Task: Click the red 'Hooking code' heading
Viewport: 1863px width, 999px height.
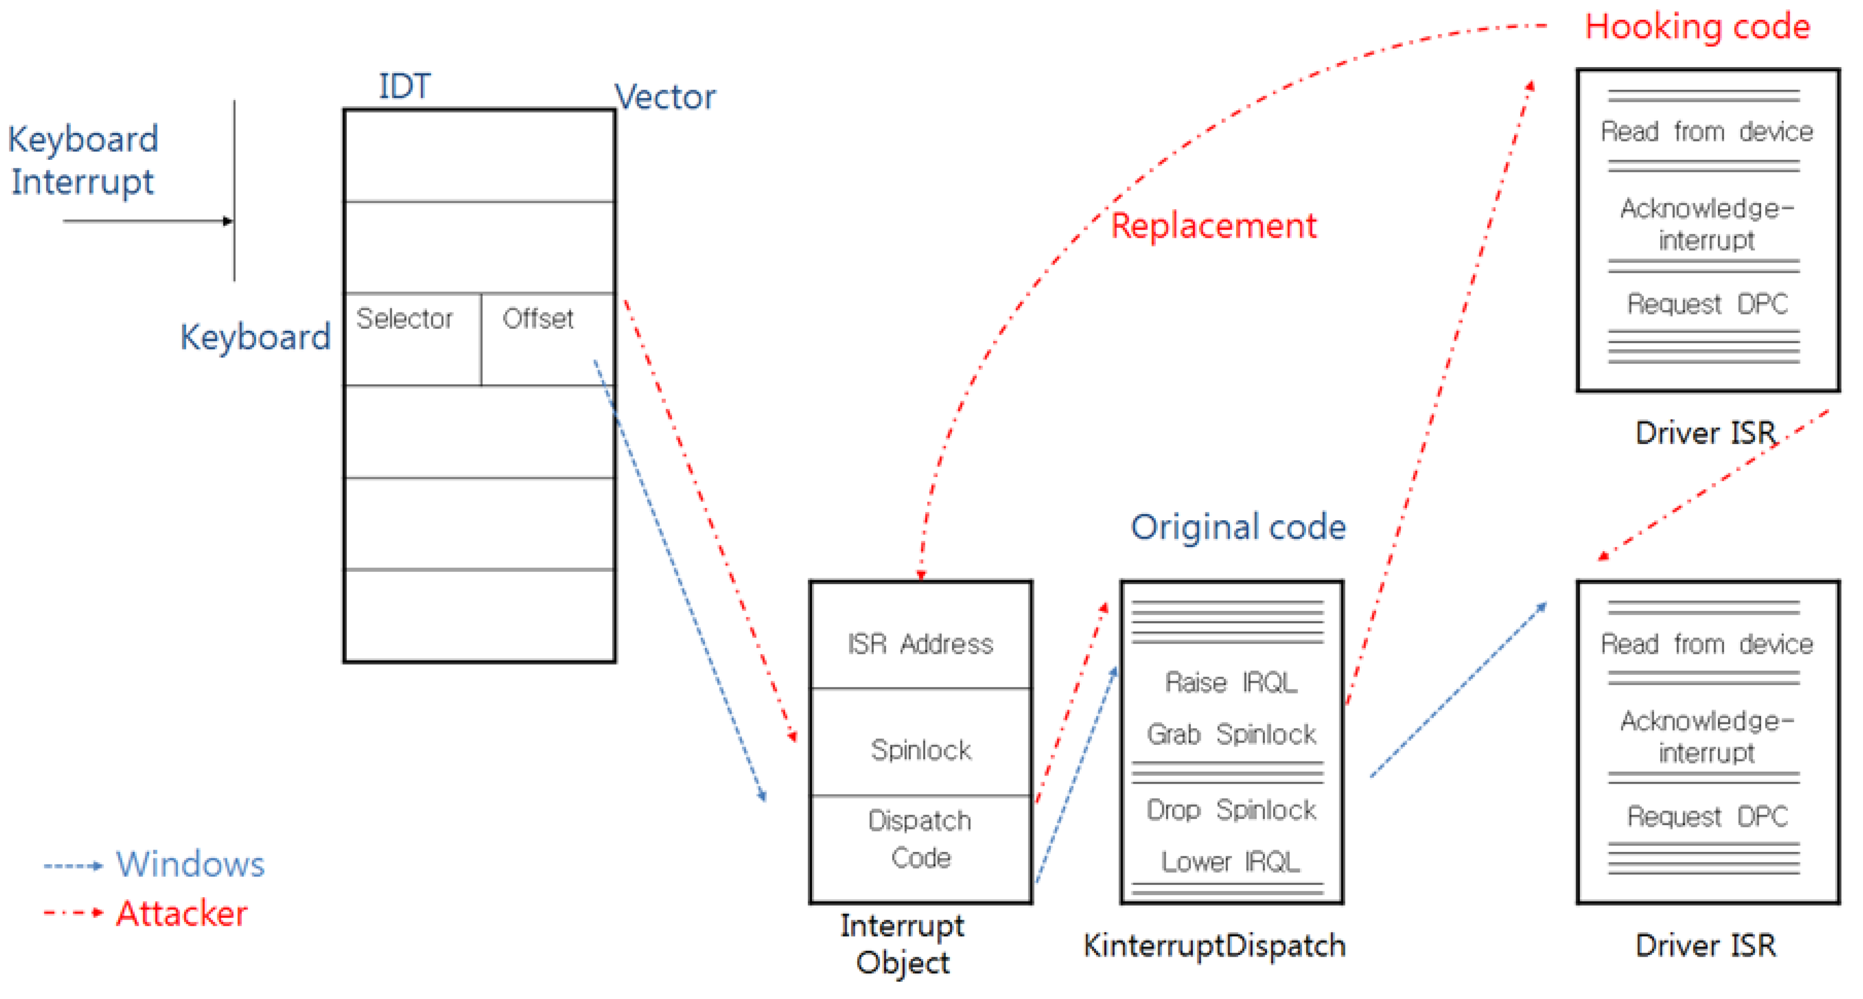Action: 1697,27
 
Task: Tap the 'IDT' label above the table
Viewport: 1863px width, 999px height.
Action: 404,87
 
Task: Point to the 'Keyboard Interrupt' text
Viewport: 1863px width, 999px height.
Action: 83,160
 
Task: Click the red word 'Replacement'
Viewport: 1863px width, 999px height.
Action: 1213,226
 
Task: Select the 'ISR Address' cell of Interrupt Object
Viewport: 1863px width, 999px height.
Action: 920,644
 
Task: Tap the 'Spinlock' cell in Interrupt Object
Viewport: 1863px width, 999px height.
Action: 920,750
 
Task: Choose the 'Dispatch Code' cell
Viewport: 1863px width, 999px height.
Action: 920,839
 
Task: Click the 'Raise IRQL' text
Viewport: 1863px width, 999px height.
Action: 1231,682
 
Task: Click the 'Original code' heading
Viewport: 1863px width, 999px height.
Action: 1237,527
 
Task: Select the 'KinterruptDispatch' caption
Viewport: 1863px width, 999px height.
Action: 1214,945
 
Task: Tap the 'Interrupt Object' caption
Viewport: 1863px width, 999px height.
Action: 902,944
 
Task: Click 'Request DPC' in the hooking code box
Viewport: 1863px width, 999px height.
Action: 1707,304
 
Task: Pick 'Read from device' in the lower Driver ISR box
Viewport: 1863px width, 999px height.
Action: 1707,644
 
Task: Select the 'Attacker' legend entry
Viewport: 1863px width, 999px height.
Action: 182,913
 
